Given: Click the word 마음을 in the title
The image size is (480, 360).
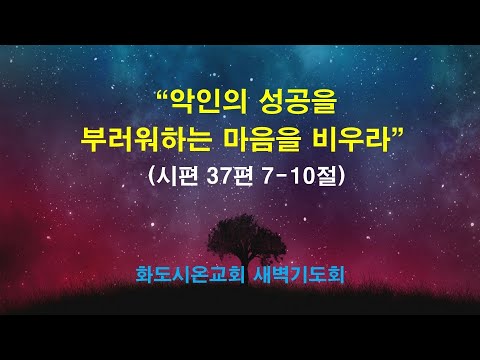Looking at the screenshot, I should pyautogui.click(x=263, y=138).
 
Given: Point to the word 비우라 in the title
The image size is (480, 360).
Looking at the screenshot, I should pyautogui.click(x=353, y=138).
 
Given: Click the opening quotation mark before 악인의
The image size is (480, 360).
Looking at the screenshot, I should pyautogui.click(x=164, y=95).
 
